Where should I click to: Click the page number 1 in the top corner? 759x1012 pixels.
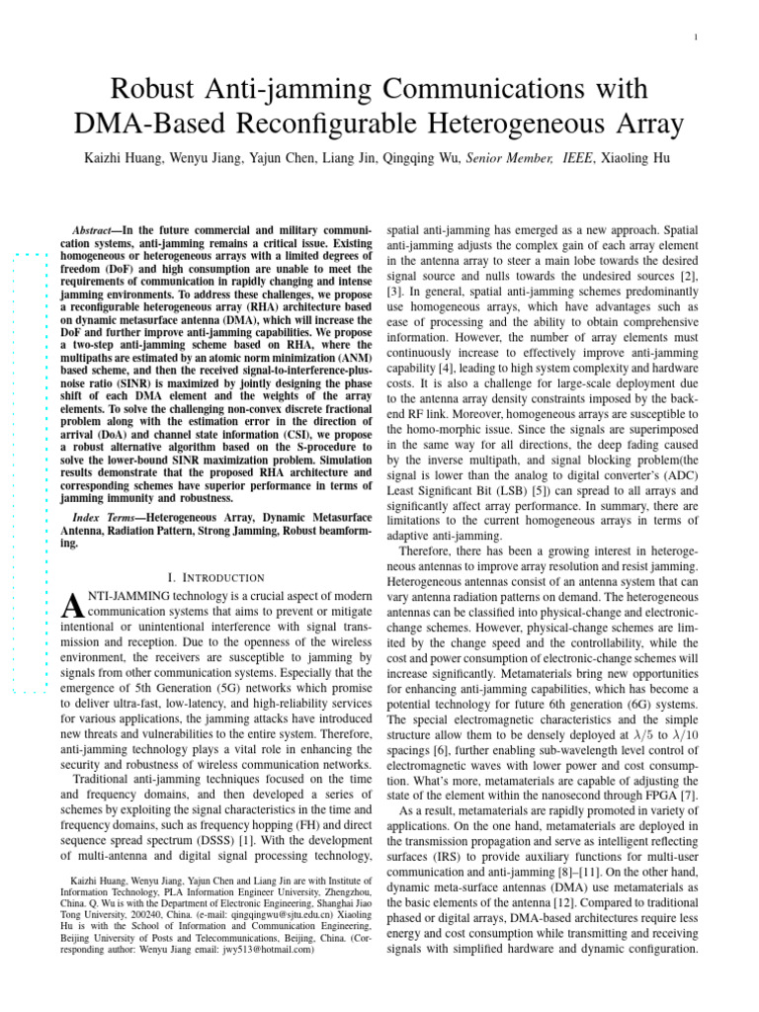698,38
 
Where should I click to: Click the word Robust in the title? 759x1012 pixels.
158,90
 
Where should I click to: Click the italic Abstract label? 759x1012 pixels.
96,227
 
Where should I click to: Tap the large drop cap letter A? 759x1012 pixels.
71,606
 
